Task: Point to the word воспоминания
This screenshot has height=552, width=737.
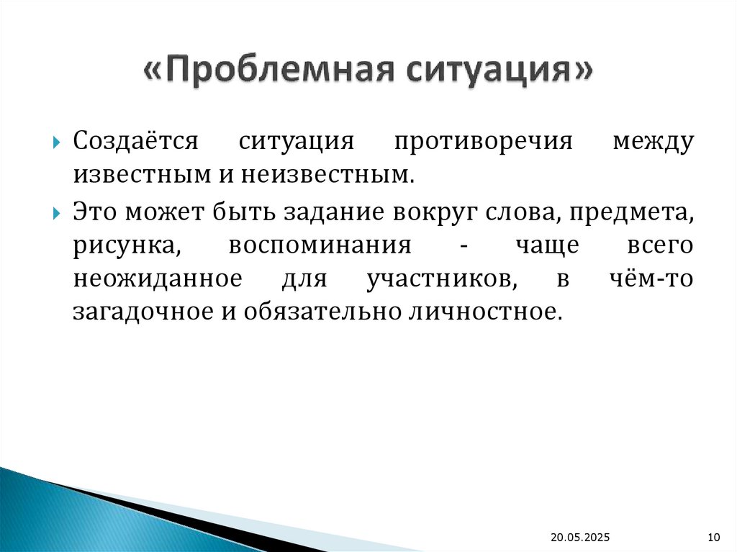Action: tap(320, 245)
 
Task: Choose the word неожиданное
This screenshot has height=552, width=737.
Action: tap(155, 279)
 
